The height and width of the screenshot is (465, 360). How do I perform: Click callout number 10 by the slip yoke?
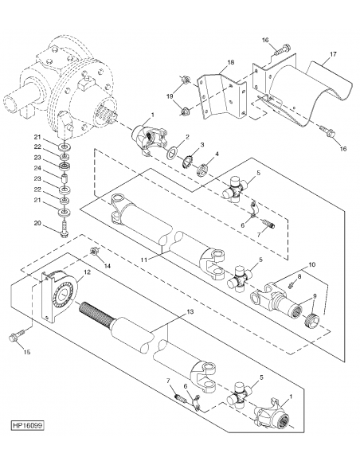click(311, 264)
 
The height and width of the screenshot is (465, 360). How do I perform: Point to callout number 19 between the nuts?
click(169, 95)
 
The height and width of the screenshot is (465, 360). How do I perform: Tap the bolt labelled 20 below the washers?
click(64, 232)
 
